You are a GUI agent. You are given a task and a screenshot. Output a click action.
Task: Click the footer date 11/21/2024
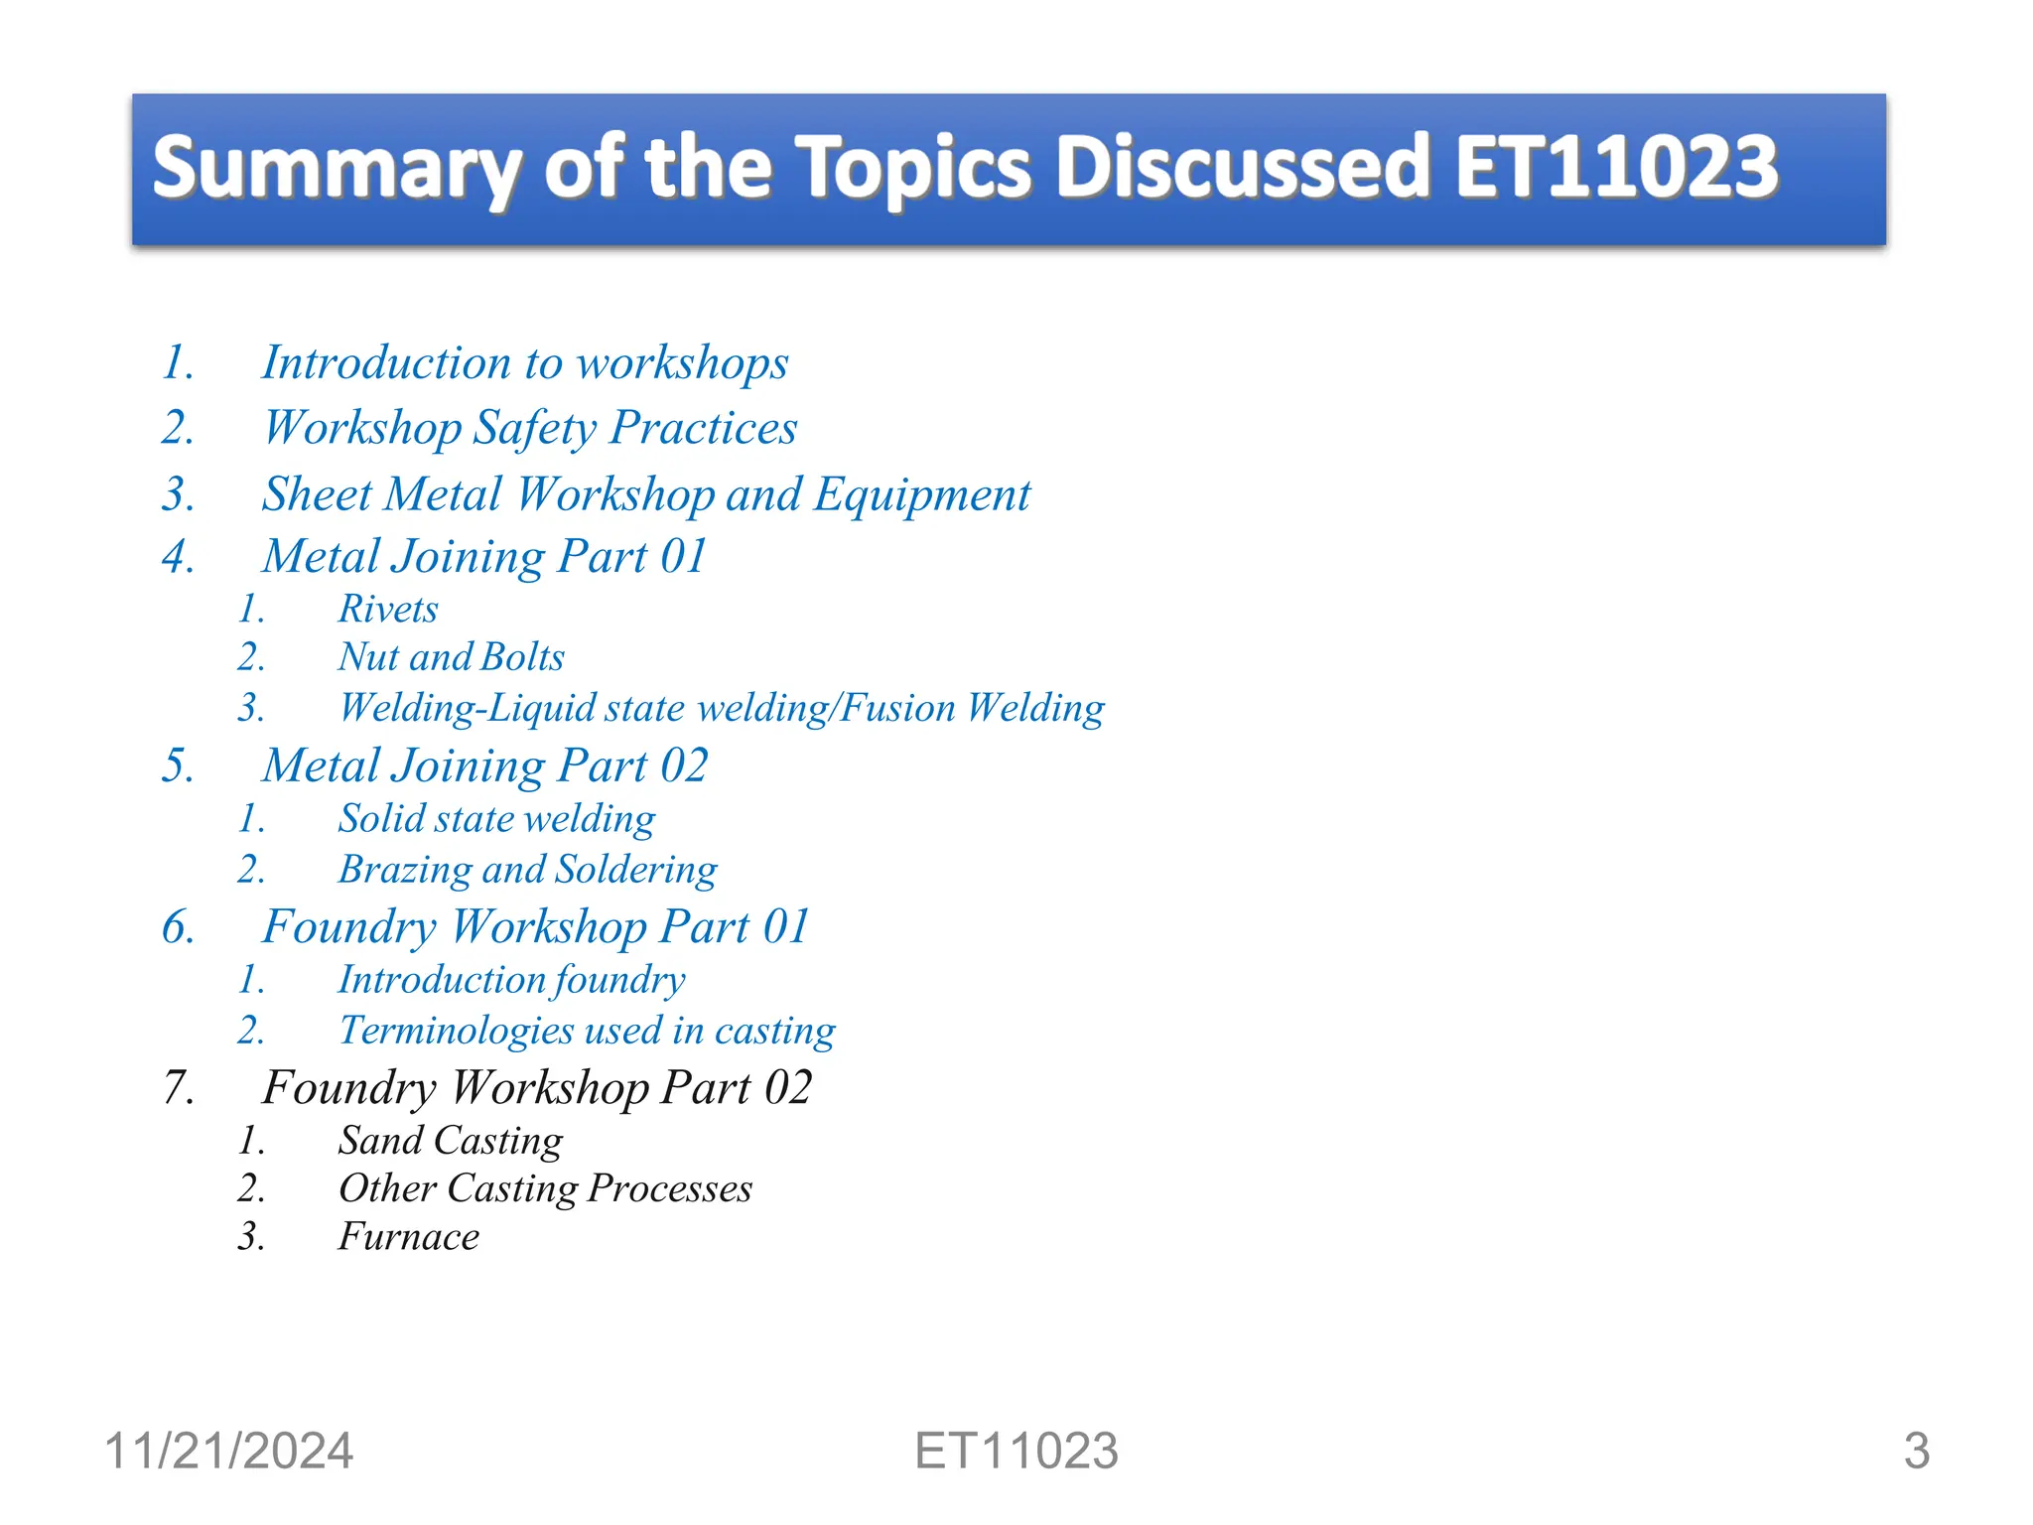228,1451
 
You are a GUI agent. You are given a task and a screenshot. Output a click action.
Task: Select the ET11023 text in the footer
1016,1451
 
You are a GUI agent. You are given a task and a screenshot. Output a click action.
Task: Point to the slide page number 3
1916,1451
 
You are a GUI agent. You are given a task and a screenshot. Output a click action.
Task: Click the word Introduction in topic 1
385,362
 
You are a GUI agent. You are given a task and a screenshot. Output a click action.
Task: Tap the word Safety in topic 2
534,429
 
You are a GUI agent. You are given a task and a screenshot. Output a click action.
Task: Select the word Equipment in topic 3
921,495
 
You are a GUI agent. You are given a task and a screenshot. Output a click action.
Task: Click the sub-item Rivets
387,609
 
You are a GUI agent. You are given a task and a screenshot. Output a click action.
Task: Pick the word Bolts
522,657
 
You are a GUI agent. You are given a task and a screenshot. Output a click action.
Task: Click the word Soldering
635,870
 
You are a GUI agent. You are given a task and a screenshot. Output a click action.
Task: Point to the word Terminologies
456,1031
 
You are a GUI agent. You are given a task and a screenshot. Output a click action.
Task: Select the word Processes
670,1188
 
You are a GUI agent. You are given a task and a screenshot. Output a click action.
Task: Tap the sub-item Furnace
408,1237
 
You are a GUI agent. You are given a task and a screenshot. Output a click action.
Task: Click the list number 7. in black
179,1088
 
